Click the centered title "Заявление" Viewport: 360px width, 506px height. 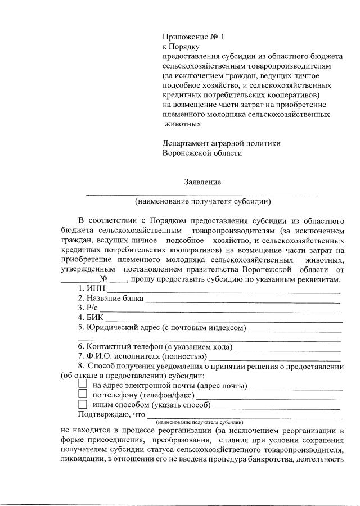tap(202, 182)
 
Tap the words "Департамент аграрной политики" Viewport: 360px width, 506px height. tap(221, 143)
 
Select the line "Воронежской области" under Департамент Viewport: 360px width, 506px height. tap(202, 153)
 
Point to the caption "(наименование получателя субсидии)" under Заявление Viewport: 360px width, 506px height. tap(202, 201)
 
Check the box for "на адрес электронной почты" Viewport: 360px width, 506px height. tap(83, 384)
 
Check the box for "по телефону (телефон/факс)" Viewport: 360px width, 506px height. tap(83, 394)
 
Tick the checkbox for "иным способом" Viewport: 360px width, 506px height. tap(83, 404)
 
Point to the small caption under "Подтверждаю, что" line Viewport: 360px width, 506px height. tap(200, 422)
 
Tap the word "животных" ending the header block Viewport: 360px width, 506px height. tap(183, 124)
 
